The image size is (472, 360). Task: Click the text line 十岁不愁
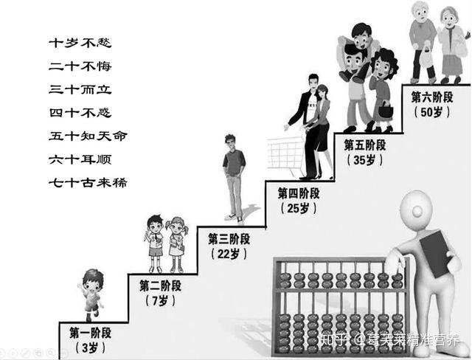tap(80, 43)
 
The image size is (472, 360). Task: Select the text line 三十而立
tap(80, 89)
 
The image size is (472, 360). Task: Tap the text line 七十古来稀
tap(87, 181)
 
